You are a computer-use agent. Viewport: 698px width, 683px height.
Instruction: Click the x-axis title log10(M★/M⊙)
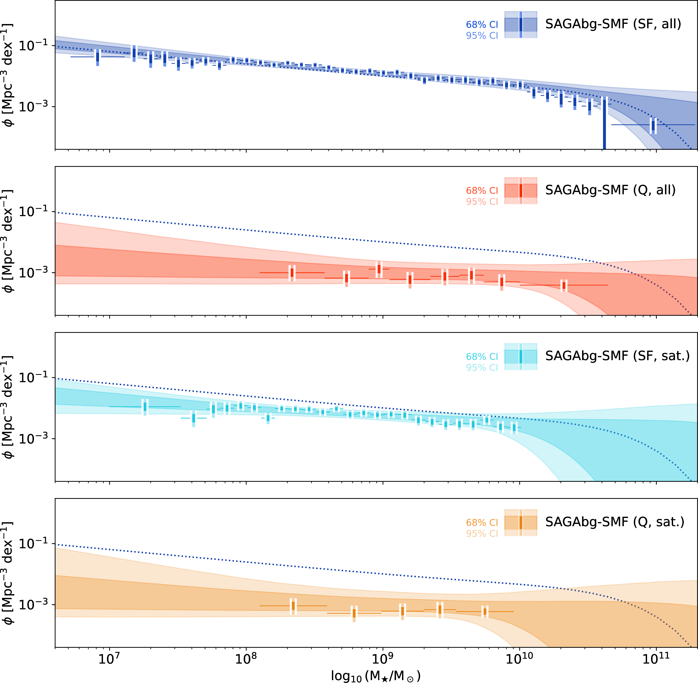click(376, 676)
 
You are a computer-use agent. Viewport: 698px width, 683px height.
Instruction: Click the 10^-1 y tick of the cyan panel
click(33, 377)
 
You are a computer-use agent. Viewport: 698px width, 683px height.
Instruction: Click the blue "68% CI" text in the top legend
click(482, 24)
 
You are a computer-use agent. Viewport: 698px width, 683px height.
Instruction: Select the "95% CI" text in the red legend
click(482, 202)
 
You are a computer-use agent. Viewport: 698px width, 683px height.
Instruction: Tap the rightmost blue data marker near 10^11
click(653, 125)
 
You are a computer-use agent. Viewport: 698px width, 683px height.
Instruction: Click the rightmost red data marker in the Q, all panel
click(564, 286)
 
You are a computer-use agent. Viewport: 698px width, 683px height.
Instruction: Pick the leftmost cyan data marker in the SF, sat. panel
click(145, 407)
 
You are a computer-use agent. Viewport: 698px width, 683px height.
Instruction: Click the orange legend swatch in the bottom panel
click(520, 523)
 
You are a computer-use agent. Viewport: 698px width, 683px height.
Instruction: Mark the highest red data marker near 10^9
click(379, 269)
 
